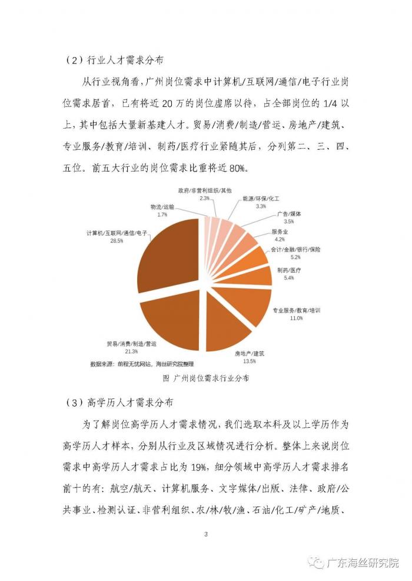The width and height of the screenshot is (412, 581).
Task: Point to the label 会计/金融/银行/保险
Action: (295, 250)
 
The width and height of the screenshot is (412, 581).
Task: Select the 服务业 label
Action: (280, 231)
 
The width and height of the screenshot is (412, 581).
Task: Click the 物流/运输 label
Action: (162, 207)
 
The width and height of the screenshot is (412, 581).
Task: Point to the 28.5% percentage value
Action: (117, 241)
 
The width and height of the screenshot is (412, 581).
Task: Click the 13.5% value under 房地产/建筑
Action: (249, 362)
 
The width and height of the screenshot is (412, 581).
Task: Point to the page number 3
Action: (205, 534)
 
